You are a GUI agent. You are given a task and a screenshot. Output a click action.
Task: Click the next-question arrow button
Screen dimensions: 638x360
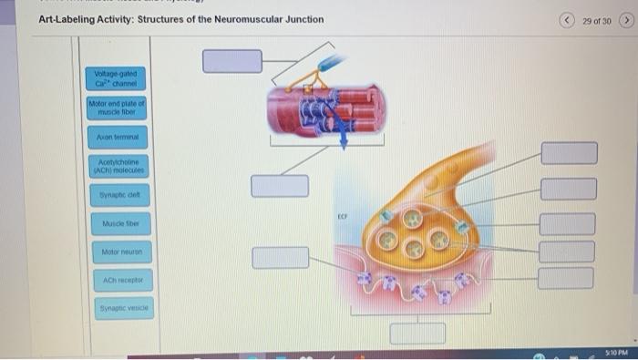click(x=626, y=19)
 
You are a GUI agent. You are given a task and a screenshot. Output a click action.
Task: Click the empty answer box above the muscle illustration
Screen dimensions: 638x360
click(x=232, y=60)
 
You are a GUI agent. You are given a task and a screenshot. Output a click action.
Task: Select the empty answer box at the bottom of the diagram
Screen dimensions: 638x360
click(x=417, y=332)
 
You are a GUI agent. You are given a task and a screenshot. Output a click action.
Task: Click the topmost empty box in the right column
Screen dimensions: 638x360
click(x=569, y=153)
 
